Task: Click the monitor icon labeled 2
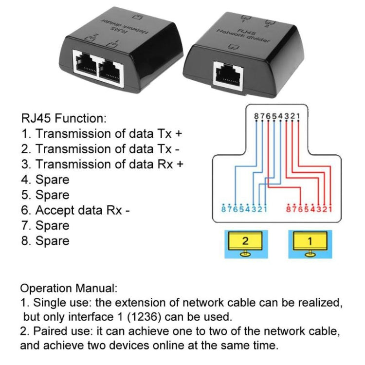(245, 242)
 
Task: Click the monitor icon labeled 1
(310, 242)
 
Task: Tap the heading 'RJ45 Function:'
(63, 117)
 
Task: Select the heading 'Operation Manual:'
(69, 288)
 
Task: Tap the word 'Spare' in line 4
(52, 180)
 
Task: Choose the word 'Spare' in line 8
(52, 241)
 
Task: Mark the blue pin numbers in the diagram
(238, 210)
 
